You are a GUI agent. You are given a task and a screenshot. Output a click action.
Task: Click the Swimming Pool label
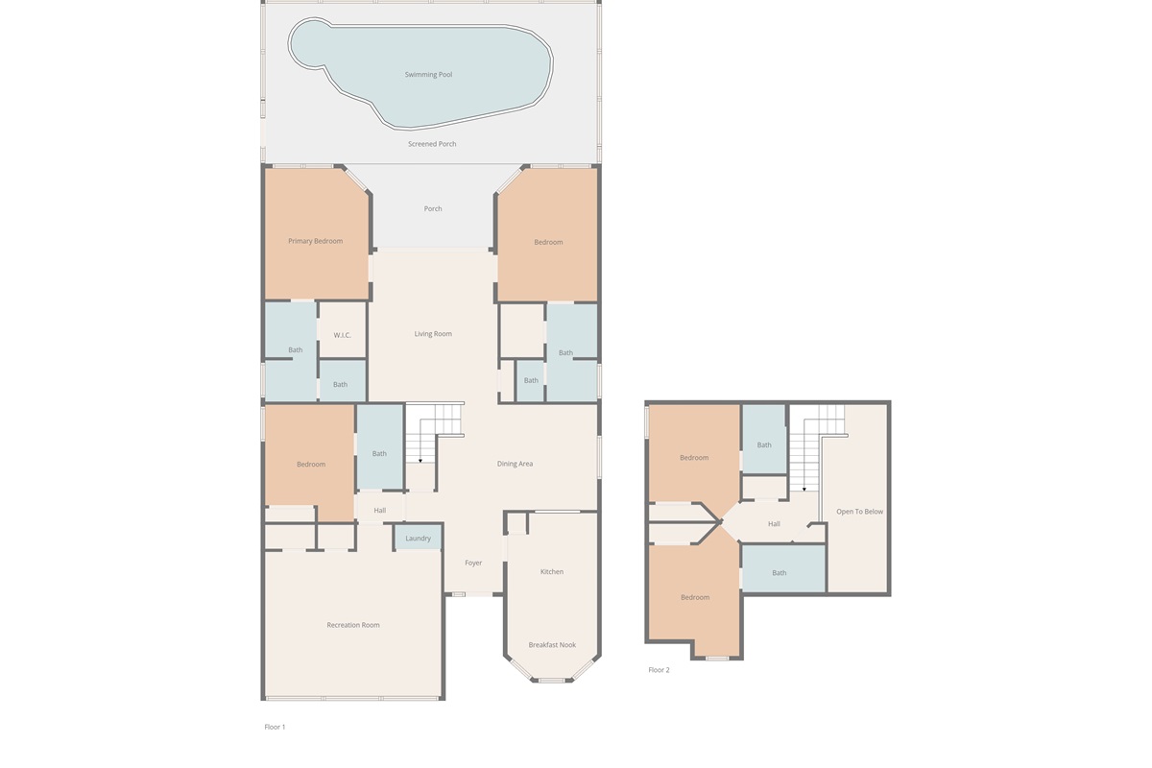[428, 75]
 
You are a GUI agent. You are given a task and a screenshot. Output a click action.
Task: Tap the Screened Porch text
[432, 144]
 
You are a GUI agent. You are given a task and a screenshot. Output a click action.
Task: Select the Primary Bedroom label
[315, 241]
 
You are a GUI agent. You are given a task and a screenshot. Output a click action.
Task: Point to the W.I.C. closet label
[342, 335]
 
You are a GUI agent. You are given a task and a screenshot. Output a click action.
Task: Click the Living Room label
[433, 334]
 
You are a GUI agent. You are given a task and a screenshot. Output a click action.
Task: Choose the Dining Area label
[515, 464]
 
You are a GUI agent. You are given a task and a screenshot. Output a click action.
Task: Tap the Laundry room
[419, 538]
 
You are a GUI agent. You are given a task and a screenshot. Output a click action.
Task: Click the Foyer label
[473, 563]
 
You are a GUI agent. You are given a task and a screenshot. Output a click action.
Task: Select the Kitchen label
[552, 571]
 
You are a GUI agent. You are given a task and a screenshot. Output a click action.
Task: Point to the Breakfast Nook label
[552, 645]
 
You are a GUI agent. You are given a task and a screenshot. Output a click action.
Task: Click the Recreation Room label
[353, 625]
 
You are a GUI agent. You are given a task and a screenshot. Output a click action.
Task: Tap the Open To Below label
[859, 512]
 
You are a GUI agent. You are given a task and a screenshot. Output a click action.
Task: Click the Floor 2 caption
[659, 670]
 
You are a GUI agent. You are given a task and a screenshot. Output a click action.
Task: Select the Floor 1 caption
[275, 727]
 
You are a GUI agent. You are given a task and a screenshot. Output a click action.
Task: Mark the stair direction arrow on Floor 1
[420, 461]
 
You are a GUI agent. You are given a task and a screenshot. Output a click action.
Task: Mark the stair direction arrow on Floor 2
[804, 490]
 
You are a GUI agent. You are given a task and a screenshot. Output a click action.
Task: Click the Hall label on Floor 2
[774, 524]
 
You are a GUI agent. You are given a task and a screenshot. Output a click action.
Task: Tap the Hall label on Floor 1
[380, 511]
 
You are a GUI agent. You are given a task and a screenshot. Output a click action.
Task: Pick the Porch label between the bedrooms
[433, 209]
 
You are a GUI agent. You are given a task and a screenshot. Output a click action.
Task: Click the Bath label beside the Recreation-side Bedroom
[379, 454]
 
